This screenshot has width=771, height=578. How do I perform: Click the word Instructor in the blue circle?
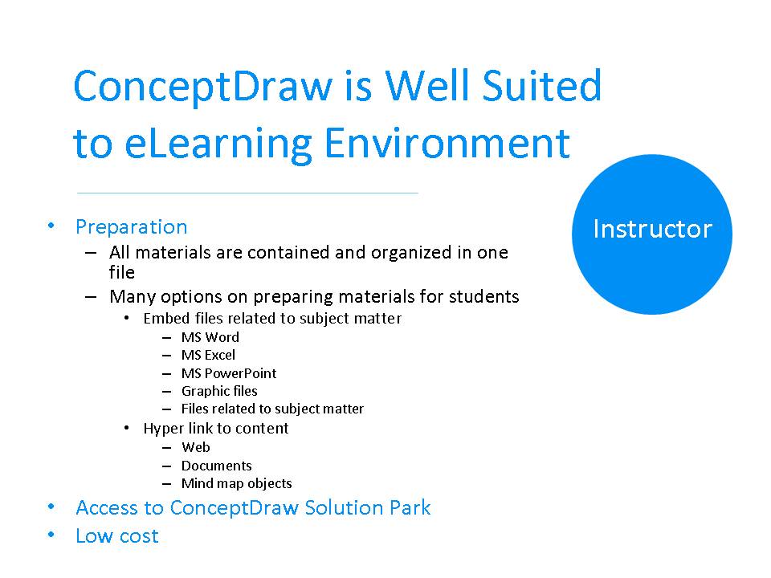(652, 230)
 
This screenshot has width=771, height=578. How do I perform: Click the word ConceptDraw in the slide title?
(202, 87)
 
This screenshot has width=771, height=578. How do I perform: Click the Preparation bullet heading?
(131, 227)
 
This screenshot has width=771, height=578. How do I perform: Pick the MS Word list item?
(210, 337)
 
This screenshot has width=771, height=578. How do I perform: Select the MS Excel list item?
(208, 355)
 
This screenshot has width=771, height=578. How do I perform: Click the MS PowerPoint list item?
(228, 373)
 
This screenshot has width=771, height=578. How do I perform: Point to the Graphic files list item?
(219, 391)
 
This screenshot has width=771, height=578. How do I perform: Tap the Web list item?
(195, 447)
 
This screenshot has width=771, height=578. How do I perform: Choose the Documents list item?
(216, 466)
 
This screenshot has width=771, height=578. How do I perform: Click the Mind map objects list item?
(236, 483)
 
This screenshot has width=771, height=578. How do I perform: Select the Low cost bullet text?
(117, 536)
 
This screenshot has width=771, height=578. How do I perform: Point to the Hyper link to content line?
(215, 429)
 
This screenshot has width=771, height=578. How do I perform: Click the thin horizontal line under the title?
(247, 193)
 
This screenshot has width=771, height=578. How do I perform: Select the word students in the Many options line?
(483, 297)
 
